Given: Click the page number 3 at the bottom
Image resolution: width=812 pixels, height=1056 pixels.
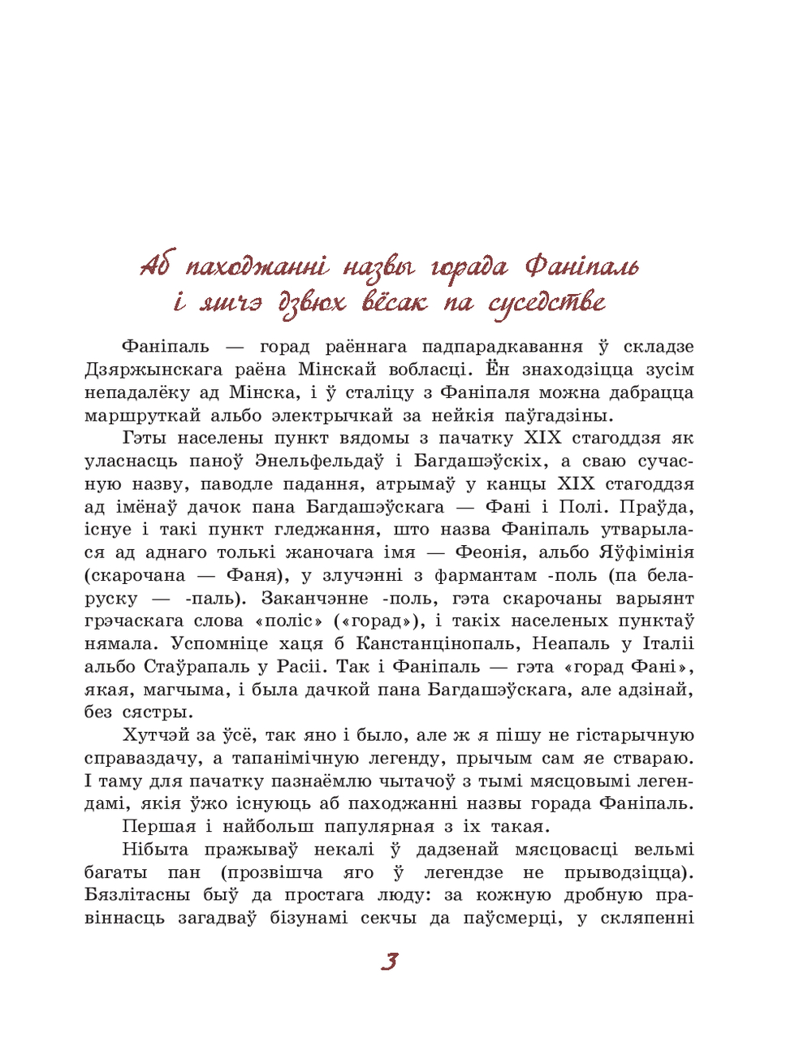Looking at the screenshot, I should coord(389,962).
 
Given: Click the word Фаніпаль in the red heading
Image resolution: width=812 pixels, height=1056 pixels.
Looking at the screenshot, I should coord(581,266).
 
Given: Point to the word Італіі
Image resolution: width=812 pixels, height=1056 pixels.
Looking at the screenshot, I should coord(668,643).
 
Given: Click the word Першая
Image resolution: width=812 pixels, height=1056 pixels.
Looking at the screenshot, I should coord(159,827).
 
